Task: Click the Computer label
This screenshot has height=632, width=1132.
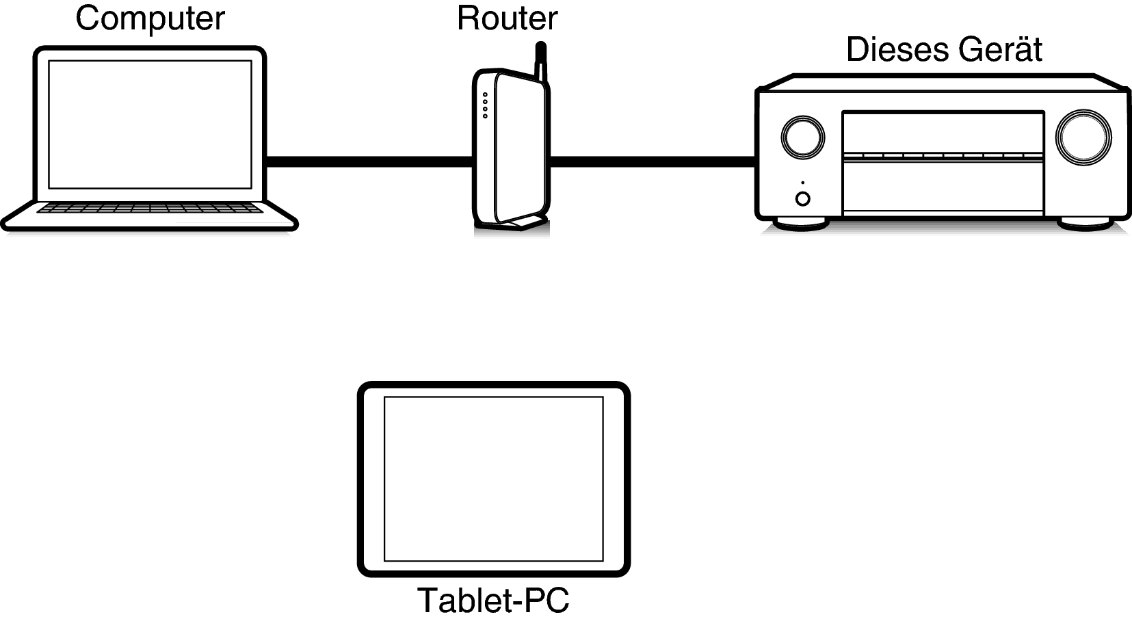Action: point(150,19)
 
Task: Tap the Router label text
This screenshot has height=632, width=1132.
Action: point(507,18)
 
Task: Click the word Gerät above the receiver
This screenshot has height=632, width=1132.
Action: point(999,49)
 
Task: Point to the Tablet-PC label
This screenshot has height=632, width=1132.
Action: point(493,601)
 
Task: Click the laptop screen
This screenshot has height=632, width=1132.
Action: point(150,124)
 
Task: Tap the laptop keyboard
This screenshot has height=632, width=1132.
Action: point(150,208)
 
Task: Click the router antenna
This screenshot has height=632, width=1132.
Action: point(541,62)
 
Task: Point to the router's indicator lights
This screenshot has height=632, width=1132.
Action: point(485,105)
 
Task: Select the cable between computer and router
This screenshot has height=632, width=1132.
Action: point(369,161)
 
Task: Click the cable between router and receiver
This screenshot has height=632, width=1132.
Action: point(653,161)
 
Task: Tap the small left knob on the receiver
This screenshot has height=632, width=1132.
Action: point(803,137)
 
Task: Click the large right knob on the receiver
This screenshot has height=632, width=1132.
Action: point(1083,137)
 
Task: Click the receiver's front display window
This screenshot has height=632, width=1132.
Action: point(943,133)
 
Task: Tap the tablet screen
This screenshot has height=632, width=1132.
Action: point(494,479)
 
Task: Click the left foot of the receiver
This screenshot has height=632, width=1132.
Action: point(802,224)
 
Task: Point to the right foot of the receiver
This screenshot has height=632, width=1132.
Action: point(1085,224)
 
